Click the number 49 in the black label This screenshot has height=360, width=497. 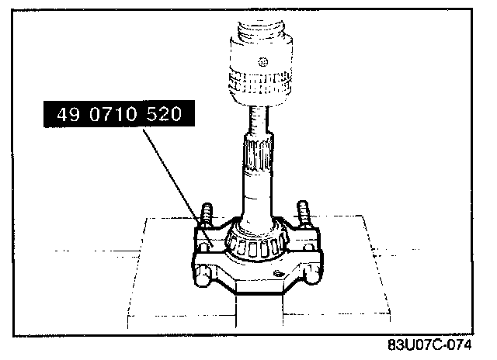(68, 114)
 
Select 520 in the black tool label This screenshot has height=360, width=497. (164, 114)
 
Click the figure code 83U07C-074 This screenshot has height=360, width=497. (429, 344)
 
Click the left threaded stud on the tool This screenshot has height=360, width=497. (207, 216)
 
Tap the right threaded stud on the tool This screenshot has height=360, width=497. (303, 214)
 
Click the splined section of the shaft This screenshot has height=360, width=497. (258, 154)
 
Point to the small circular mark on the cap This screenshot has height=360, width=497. (262, 62)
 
